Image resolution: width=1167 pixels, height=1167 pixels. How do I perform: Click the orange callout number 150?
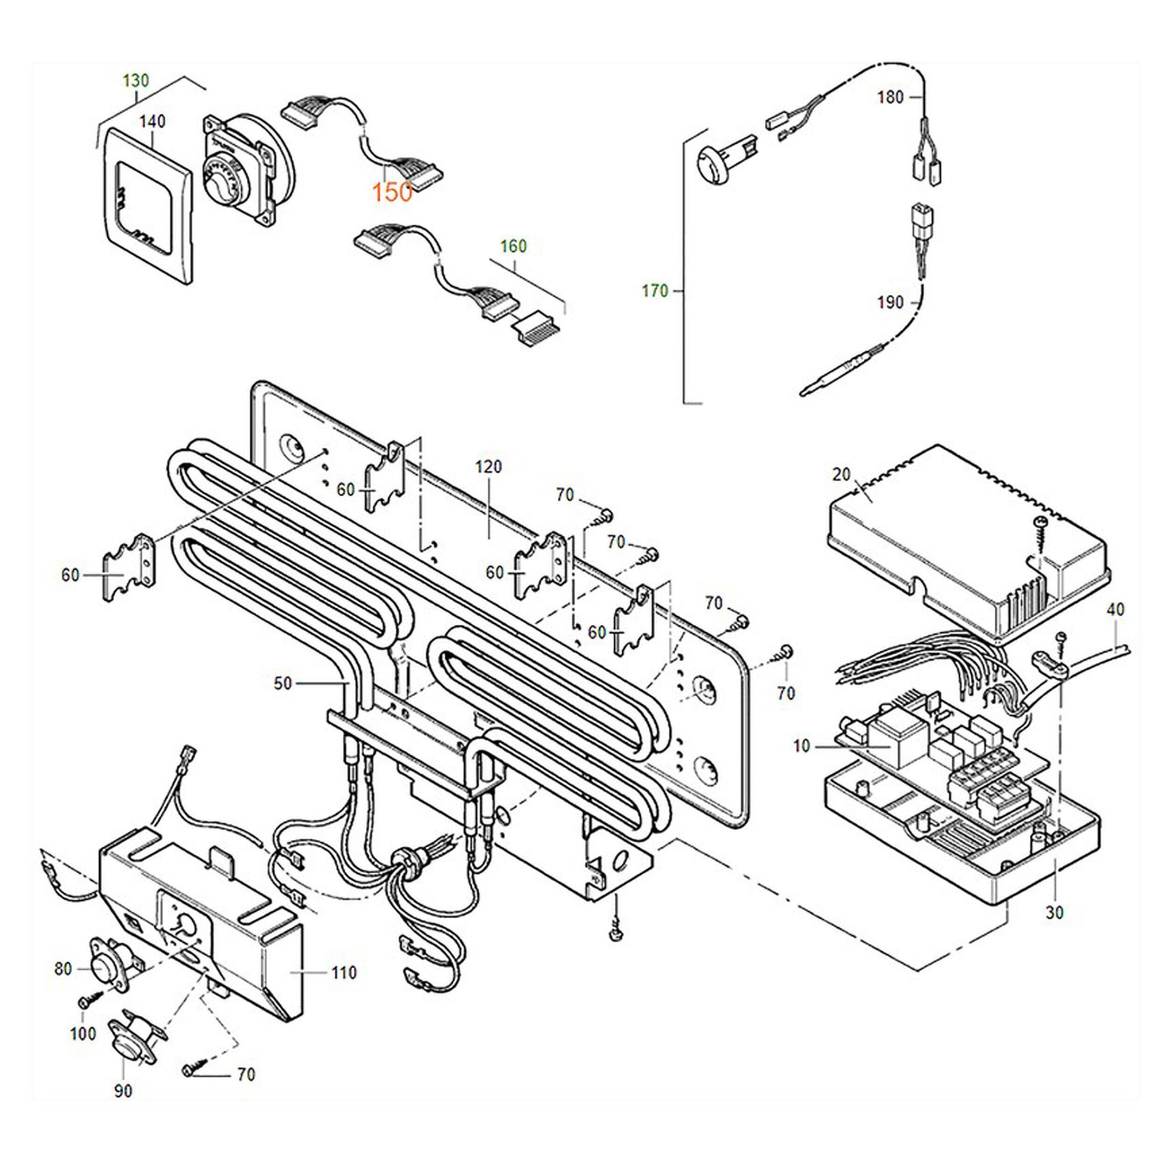click(x=392, y=192)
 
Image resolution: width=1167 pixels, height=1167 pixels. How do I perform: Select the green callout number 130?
click(x=136, y=80)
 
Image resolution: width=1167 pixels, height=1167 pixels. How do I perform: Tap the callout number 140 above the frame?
click(x=152, y=121)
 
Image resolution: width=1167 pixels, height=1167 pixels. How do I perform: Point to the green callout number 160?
click(x=513, y=246)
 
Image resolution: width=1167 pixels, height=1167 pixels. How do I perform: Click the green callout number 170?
click(x=655, y=291)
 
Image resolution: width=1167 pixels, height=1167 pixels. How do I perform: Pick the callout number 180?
click(x=890, y=97)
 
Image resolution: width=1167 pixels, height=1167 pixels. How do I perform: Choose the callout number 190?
click(x=890, y=302)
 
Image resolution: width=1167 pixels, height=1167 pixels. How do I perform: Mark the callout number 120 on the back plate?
click(x=488, y=466)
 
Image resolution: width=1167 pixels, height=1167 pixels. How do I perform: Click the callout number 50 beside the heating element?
click(x=283, y=683)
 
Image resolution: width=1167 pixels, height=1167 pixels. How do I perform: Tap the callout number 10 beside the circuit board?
click(x=801, y=746)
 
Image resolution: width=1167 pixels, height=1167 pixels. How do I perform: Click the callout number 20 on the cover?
click(x=841, y=475)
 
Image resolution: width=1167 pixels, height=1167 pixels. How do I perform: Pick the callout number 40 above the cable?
click(x=1116, y=610)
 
